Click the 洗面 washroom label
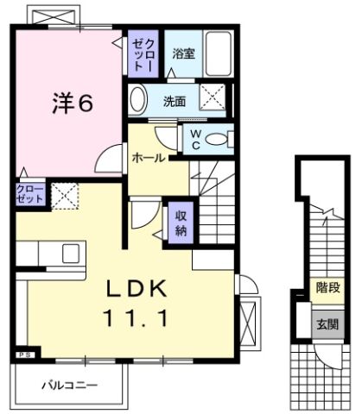pos(175,101)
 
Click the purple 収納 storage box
pos(181,223)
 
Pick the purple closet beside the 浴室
pos(142,53)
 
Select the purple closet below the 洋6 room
pos(29,195)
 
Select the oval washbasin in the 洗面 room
pos(138,100)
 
